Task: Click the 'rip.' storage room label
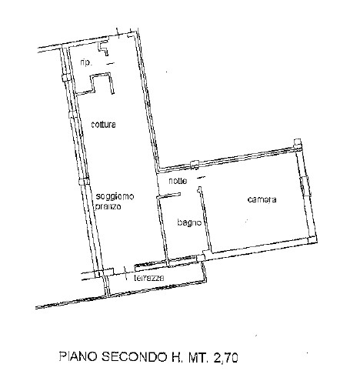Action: tap(86, 63)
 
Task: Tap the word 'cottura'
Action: tap(103, 125)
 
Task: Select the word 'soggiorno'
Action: tap(115, 196)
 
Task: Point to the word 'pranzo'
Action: tap(108, 206)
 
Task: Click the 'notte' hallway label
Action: tap(178, 181)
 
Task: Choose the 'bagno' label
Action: tap(189, 222)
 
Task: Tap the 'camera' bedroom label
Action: tap(262, 199)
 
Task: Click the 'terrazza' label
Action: tap(148, 278)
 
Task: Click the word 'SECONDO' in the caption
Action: tap(134, 356)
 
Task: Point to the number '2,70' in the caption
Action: tap(225, 357)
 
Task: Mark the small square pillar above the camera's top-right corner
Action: tap(297, 142)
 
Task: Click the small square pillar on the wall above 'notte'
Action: tap(195, 164)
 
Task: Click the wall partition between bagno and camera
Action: tap(205, 219)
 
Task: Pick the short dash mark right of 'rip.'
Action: tap(110, 64)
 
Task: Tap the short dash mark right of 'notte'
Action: tap(202, 177)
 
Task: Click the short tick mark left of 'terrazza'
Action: tap(125, 273)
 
